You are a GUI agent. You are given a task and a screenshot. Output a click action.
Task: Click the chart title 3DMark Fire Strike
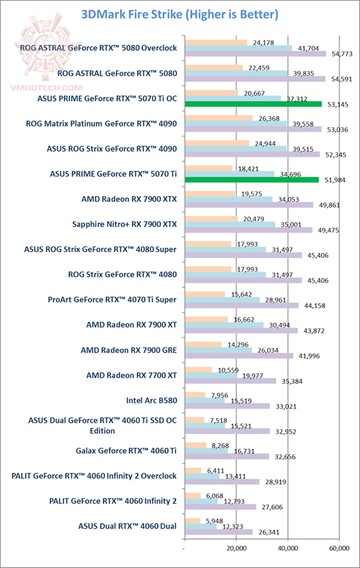tap(179, 14)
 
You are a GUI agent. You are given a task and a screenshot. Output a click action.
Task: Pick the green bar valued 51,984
tap(251, 179)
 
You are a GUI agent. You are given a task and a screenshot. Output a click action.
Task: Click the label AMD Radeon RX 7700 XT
tap(131, 374)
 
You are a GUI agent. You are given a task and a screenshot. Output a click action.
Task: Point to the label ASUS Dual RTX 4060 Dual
tap(127, 525)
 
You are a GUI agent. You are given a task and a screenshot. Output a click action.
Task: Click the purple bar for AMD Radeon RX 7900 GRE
tap(239, 356)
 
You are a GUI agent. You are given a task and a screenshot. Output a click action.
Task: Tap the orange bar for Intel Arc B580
tap(195, 395)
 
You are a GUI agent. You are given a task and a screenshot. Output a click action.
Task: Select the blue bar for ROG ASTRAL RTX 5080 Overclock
tap(238, 48)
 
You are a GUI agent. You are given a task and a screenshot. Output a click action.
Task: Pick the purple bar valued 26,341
tap(218, 532)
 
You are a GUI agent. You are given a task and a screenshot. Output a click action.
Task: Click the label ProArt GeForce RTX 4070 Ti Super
tap(112, 299)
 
